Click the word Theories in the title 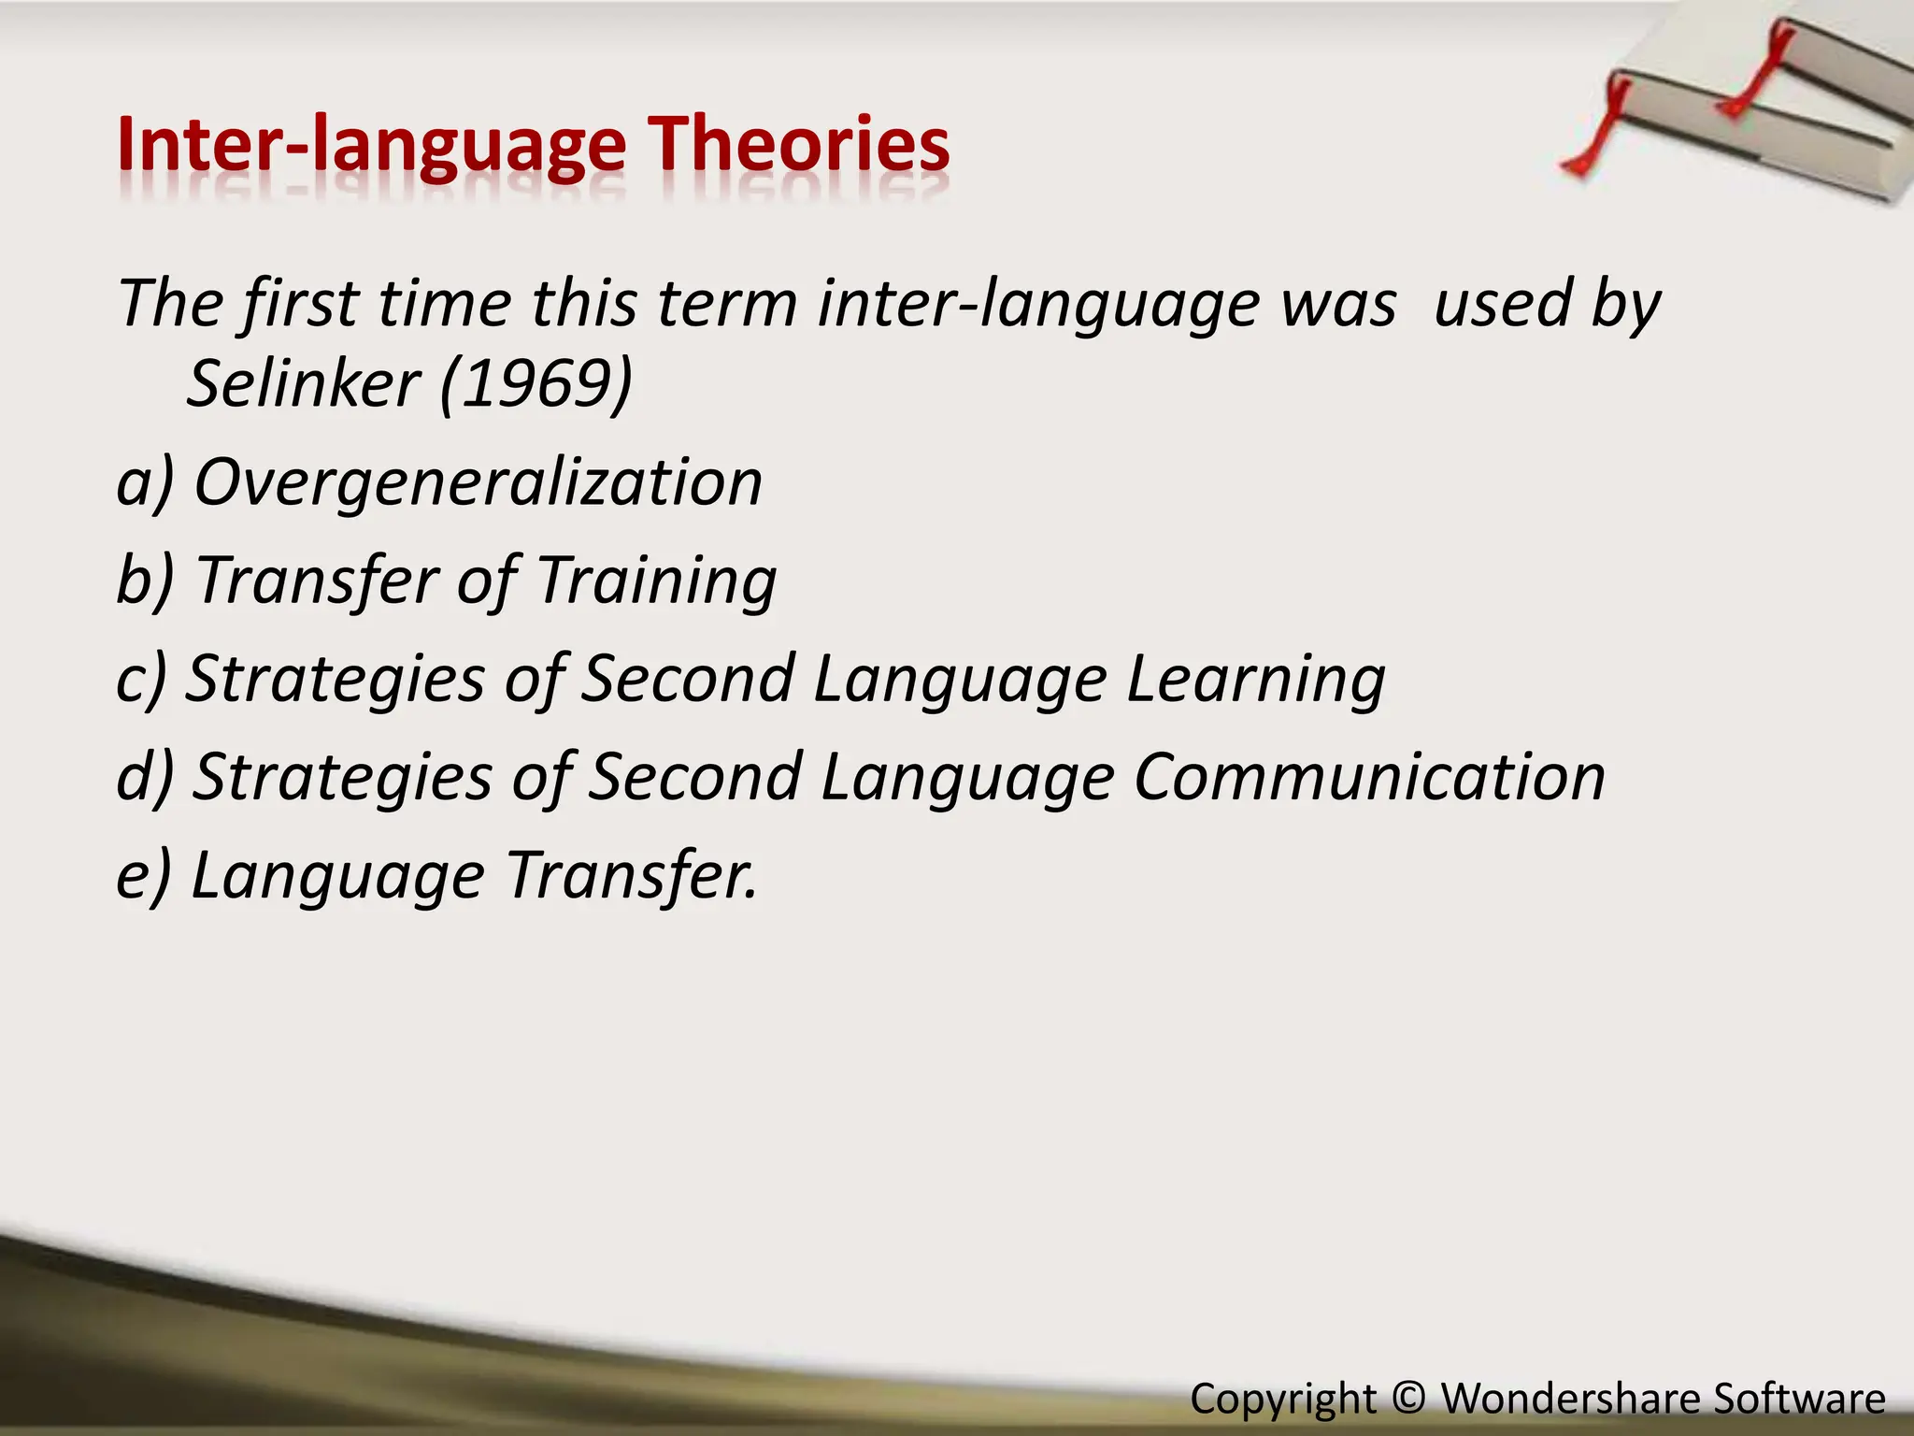[x=800, y=145]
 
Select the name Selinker [x=304, y=383]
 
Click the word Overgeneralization [x=478, y=482]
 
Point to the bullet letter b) [x=145, y=581]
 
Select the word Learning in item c [x=1255, y=680]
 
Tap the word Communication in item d [x=1369, y=778]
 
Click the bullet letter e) [x=144, y=876]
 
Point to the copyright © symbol [x=1408, y=1399]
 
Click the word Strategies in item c [x=336, y=680]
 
